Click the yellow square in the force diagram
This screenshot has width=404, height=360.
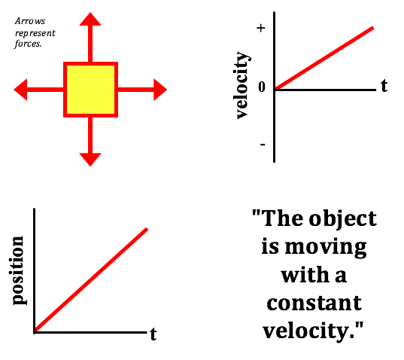pyautogui.click(x=91, y=90)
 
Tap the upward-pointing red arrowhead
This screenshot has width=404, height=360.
pyautogui.click(x=90, y=19)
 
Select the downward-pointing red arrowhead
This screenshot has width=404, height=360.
pyautogui.click(x=90, y=160)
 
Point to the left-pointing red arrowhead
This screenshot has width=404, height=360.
pyautogui.click(x=20, y=90)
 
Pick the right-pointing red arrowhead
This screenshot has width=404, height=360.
pyautogui.click(x=160, y=90)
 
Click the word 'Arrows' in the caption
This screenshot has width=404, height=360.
pyautogui.click(x=30, y=21)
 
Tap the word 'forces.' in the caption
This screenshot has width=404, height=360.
pyautogui.click(x=28, y=44)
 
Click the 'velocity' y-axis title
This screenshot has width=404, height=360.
pyautogui.click(x=242, y=85)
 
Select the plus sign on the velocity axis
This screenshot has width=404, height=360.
pyautogui.click(x=261, y=28)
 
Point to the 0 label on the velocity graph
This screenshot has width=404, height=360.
pyautogui.click(x=262, y=87)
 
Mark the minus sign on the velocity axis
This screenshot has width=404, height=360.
pyautogui.click(x=263, y=145)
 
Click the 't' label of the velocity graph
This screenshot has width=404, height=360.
pyautogui.click(x=384, y=85)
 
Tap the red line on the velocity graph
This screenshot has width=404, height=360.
pyautogui.click(x=324, y=58)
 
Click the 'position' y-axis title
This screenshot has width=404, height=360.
pyautogui.click(x=19, y=270)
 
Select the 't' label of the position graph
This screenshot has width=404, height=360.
pyautogui.click(x=153, y=334)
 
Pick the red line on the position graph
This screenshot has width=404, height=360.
pyautogui.click(x=91, y=279)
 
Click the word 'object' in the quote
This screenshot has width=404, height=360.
pyautogui.click(x=343, y=218)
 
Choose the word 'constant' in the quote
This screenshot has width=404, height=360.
pyautogui.click(x=314, y=303)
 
